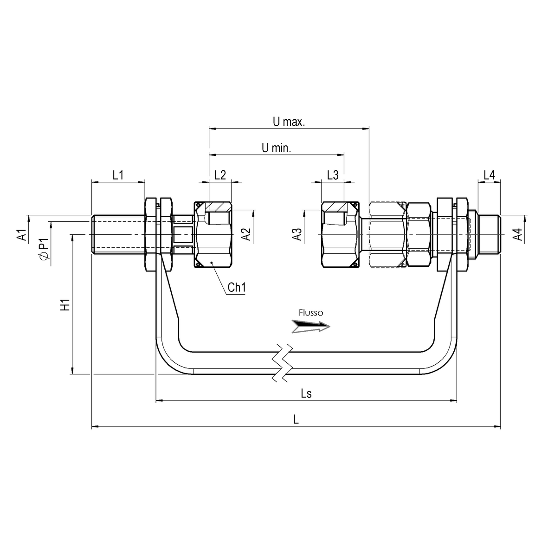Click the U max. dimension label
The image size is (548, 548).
(288, 122)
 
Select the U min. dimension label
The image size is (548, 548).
(276, 148)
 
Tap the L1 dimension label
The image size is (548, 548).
(118, 175)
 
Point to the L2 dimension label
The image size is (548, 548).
(220, 175)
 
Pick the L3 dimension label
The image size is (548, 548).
(333, 175)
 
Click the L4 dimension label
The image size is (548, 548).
(489, 175)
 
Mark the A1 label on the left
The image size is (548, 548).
(21, 235)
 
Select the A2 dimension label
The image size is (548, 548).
(248, 235)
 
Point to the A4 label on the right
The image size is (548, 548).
(518, 235)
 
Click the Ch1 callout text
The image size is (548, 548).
(237, 288)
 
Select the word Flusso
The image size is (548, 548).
(311, 313)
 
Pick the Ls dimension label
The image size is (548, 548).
(306, 393)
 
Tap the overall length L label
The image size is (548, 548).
(296, 419)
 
